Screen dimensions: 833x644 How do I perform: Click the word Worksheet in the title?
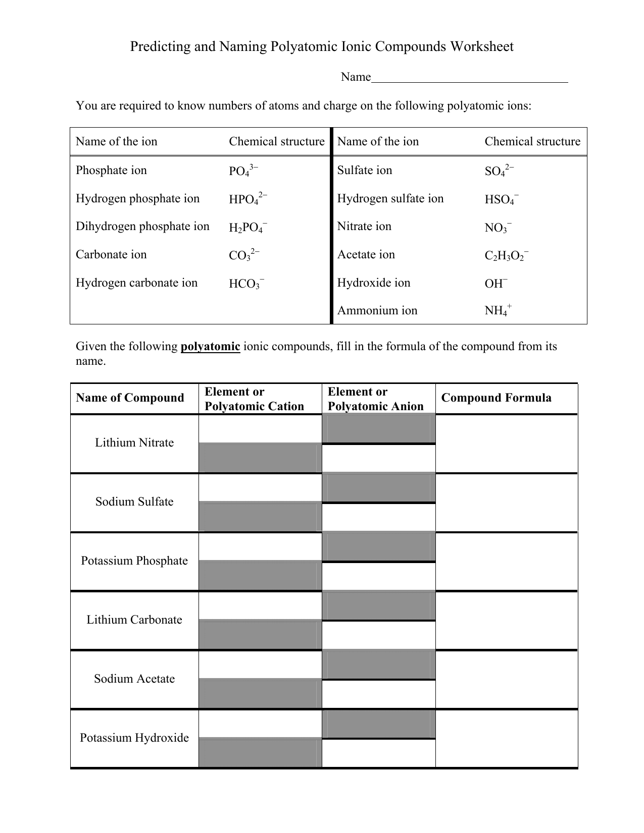coord(482,47)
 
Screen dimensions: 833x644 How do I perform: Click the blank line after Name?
coord(469,78)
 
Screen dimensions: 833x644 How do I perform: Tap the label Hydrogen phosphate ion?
coord(137,199)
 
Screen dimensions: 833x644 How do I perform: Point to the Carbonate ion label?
coord(111,255)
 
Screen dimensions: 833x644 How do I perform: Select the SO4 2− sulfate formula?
coord(499,171)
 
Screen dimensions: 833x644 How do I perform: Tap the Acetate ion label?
coord(366,255)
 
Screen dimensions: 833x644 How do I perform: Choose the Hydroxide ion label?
coord(373,283)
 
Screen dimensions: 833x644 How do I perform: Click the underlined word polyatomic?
coord(210,347)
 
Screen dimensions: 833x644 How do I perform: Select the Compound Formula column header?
coord(496,398)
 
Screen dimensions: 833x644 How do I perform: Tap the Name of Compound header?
coord(130,398)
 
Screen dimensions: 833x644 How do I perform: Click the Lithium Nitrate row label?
coord(134,443)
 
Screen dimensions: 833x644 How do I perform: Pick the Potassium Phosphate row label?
coord(134,561)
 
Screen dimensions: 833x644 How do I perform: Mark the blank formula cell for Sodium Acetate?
coord(506,679)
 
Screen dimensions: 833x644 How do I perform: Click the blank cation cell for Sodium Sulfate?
coord(260,487)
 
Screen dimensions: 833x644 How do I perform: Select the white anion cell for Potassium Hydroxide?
coord(378,753)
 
